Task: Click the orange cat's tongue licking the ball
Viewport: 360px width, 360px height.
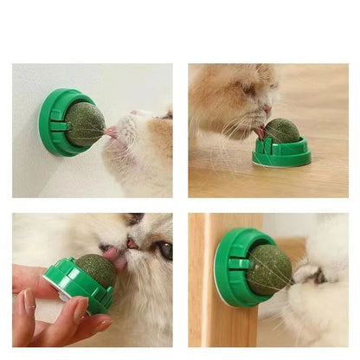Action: point(260,132)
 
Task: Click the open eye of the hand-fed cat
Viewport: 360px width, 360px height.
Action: point(164,250)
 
